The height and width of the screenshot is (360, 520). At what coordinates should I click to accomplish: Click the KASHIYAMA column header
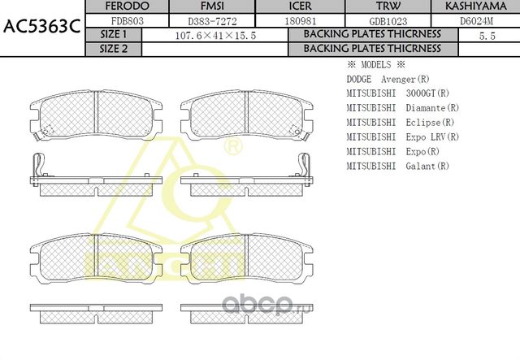tap(474, 7)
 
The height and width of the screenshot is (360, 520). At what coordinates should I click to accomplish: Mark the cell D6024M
tap(474, 20)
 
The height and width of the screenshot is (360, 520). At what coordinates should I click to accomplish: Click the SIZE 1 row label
tap(113, 34)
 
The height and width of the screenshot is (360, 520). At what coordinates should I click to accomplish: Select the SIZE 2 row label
tap(113, 48)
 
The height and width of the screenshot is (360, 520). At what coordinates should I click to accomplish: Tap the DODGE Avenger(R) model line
tap(388, 79)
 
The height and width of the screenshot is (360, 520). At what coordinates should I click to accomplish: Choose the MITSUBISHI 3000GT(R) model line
tap(397, 93)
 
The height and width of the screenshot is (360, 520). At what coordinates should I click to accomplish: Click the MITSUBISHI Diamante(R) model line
tap(402, 108)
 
